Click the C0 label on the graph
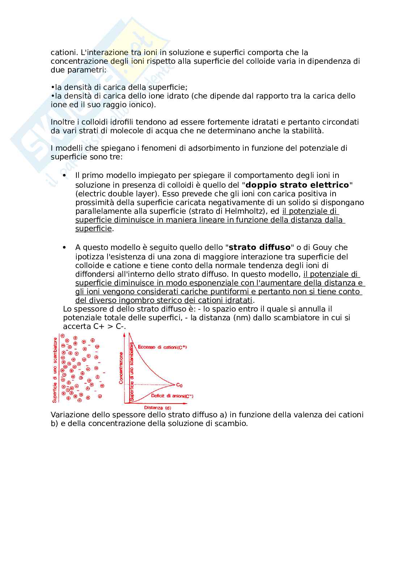coord(179,385)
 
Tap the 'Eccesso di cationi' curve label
coord(162,347)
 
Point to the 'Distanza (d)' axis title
coord(157,408)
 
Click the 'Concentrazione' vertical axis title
coord(121,368)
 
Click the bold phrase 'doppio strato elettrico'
coord(297,185)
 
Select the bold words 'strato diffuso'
coord(260,247)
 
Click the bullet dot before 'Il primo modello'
coord(65,175)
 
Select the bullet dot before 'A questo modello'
coord(65,247)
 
